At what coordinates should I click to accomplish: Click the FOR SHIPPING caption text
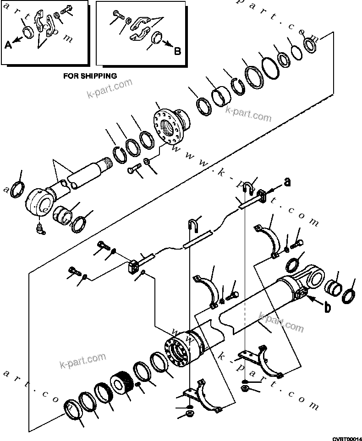(x=90, y=76)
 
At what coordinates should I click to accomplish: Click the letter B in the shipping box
(x=177, y=51)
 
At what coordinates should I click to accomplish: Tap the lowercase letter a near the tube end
(x=287, y=183)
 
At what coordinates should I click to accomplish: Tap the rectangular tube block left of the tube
(x=132, y=267)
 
